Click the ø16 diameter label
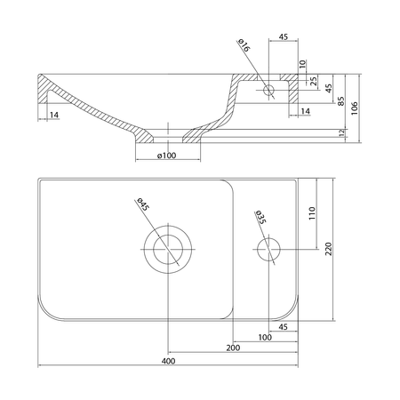coord(244,45)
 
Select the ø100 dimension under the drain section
coord(167,156)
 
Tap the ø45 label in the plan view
coord(141,204)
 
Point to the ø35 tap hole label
coord(260,217)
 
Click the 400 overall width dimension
coord(168,361)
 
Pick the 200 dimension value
coord(233,348)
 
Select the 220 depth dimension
coord(329,249)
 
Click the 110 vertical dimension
coord(312,213)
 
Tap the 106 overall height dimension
coord(355,108)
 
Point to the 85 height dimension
coord(341,101)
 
